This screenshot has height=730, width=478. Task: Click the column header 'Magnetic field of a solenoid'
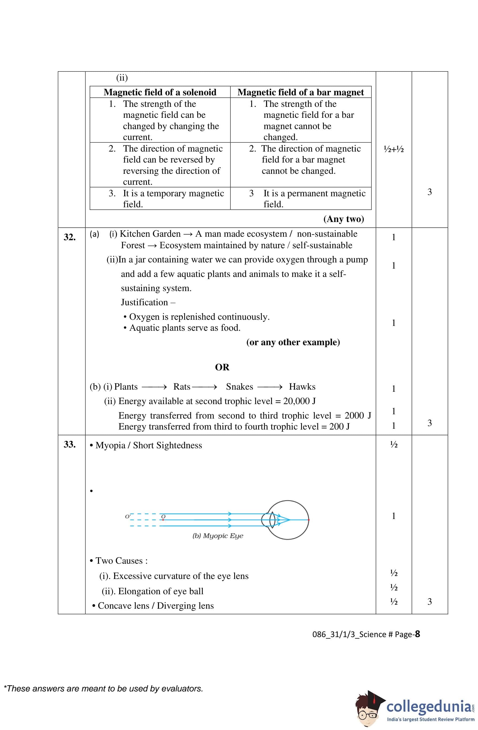[160, 92]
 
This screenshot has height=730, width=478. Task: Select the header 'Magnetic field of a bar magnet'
[301, 92]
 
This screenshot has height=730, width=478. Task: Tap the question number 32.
[69, 237]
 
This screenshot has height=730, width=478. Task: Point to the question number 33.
[69, 445]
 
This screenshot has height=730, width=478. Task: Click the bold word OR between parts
[222, 367]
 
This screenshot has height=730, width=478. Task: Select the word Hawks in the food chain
[302, 386]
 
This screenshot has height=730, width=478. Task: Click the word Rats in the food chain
[182, 386]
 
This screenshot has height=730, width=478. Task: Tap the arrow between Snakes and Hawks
[270, 387]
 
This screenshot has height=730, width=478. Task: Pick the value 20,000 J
[299, 401]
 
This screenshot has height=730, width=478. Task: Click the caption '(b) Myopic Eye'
[218, 536]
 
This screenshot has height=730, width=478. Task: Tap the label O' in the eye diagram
[128, 517]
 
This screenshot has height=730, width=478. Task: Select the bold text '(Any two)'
[344, 219]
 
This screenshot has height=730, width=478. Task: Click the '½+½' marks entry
[394, 149]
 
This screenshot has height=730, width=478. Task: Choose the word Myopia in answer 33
[110, 445]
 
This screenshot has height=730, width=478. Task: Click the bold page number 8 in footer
[417, 634]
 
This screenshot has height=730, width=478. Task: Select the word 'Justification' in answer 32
[144, 302]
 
